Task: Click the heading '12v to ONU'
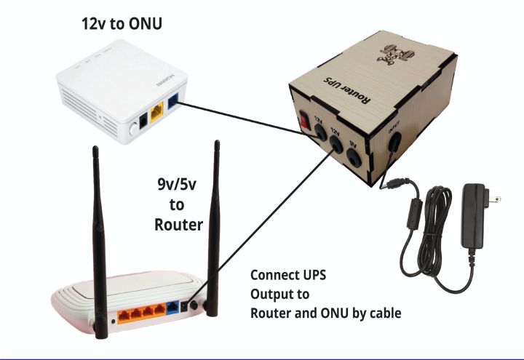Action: pyautogui.click(x=121, y=24)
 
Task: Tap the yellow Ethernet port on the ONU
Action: pyautogui.click(x=156, y=113)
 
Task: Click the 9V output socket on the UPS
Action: pyautogui.click(x=356, y=155)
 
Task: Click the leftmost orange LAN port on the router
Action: pyautogui.click(x=124, y=313)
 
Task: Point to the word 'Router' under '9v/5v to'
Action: pyautogui.click(x=178, y=225)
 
